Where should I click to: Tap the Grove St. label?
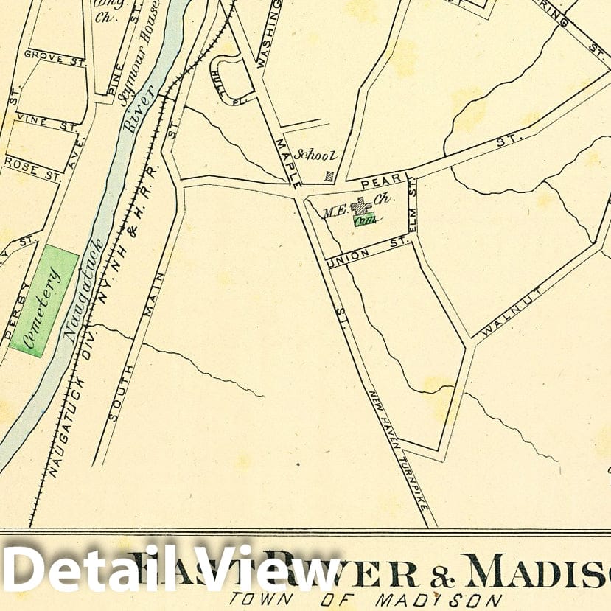46,55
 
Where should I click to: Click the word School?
315,155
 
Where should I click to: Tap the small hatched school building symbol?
329,176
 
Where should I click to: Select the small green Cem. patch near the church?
364,219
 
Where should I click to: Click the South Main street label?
137,354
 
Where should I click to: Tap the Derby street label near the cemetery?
19,314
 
